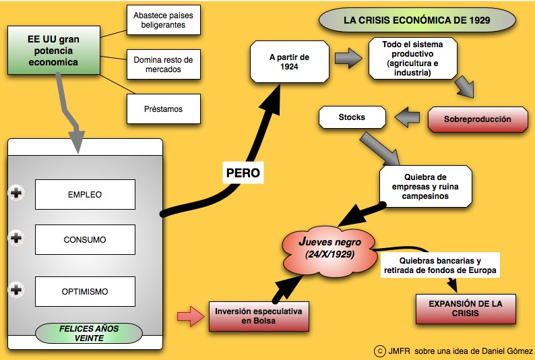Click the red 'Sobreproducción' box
point(477,119)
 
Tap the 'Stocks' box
point(352,117)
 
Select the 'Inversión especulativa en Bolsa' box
point(259,316)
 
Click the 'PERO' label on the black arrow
point(243,173)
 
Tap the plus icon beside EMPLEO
point(15,194)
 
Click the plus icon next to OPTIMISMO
point(15,291)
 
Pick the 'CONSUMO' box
point(85,239)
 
